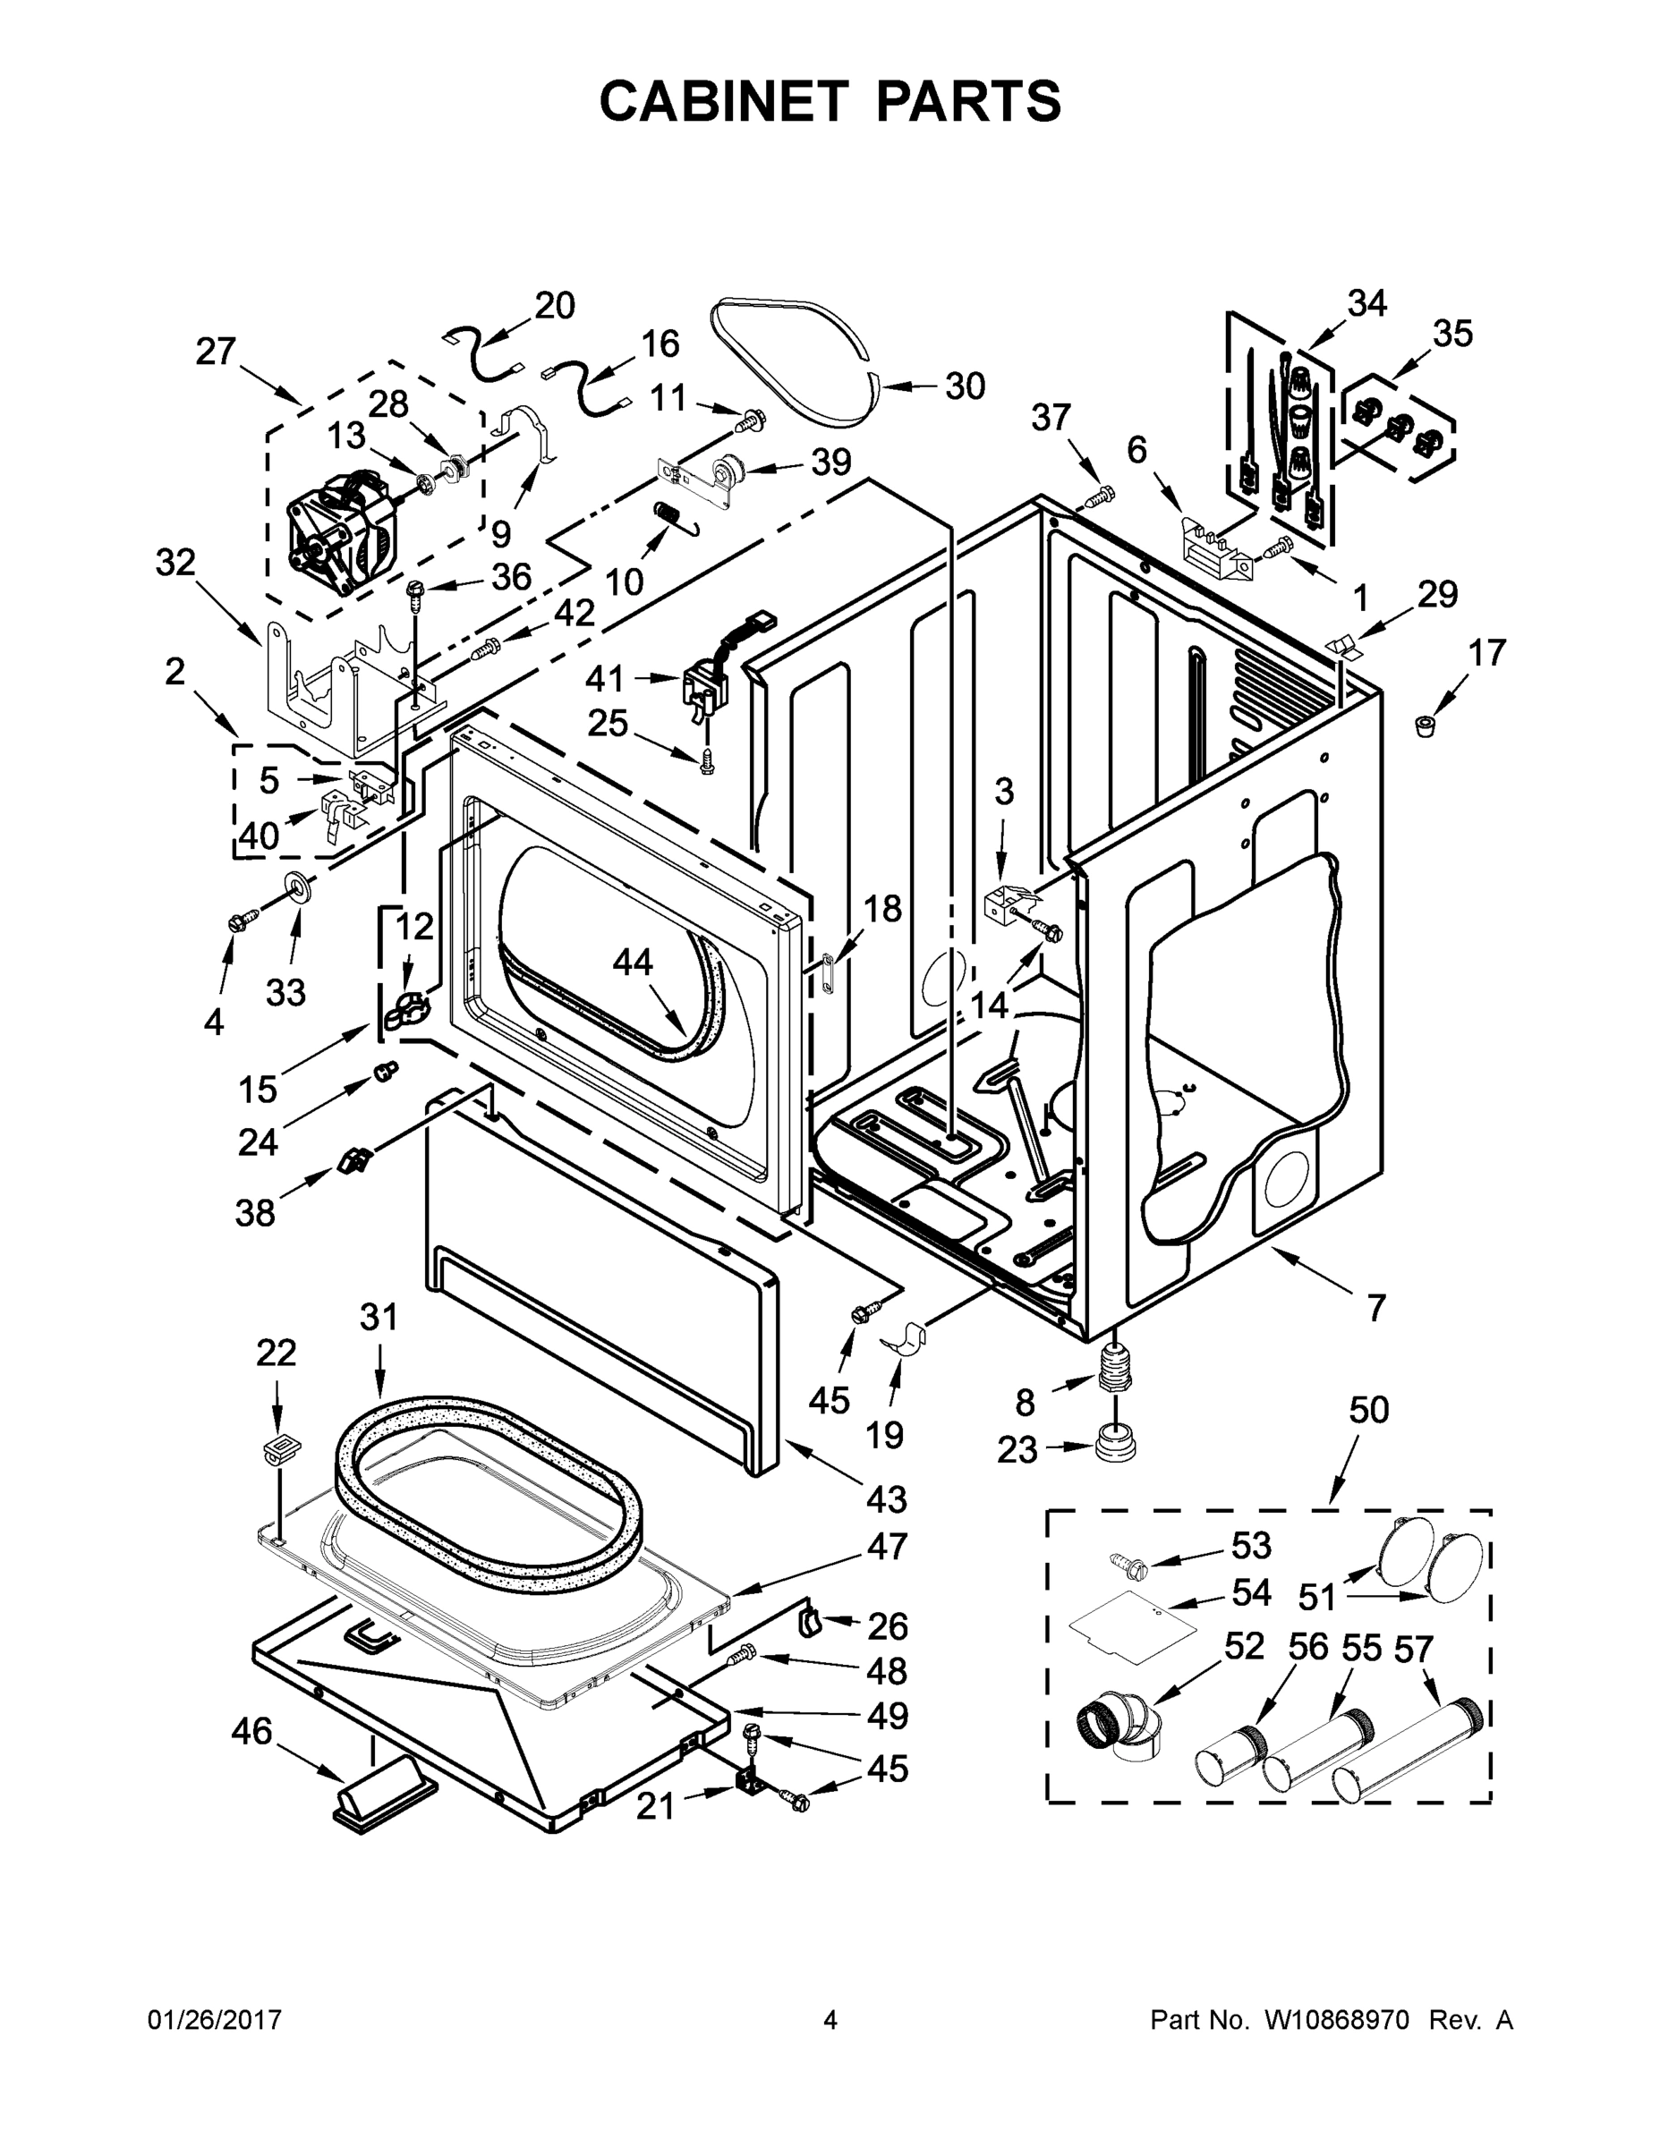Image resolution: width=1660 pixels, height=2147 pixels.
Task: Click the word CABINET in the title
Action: [x=723, y=101]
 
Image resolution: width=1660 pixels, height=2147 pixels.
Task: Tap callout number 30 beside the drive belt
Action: [x=964, y=386]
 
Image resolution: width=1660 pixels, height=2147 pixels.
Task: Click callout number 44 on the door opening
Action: [x=633, y=963]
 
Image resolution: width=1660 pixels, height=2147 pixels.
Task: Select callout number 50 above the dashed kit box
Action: [x=1368, y=1410]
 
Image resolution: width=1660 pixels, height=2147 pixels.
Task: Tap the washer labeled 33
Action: [x=296, y=885]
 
